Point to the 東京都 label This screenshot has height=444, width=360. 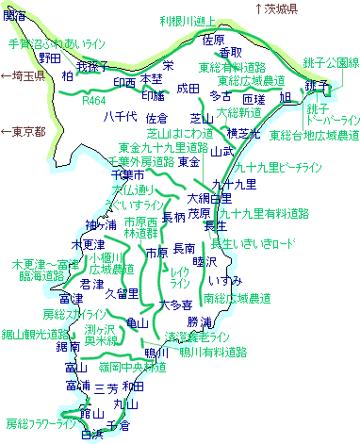[x=24, y=131]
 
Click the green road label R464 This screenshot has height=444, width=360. [x=94, y=98]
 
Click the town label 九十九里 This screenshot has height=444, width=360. [x=228, y=183]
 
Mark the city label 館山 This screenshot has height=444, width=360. [x=90, y=413]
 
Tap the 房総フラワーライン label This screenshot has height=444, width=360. [x=40, y=423]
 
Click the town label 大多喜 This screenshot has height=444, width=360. [x=176, y=304]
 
